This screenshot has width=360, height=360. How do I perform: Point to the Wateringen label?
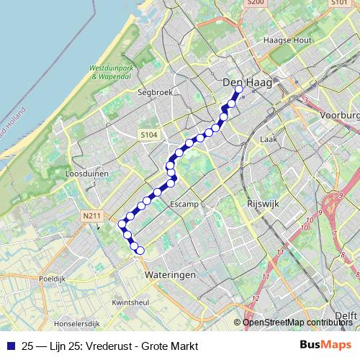(171, 275)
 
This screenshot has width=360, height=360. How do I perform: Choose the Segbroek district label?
(152, 93)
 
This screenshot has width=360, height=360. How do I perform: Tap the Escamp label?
(184, 204)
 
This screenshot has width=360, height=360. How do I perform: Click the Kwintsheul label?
(131, 303)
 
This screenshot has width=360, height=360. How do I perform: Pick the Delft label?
(347, 315)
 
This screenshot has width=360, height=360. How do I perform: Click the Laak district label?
(269, 139)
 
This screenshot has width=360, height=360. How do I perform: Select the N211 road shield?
(91, 215)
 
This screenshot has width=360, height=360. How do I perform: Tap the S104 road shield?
(148, 135)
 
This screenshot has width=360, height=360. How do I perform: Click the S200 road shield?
(255, 3)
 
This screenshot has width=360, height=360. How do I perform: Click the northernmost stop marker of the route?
(239, 89)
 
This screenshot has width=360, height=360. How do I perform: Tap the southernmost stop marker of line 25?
(140, 251)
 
